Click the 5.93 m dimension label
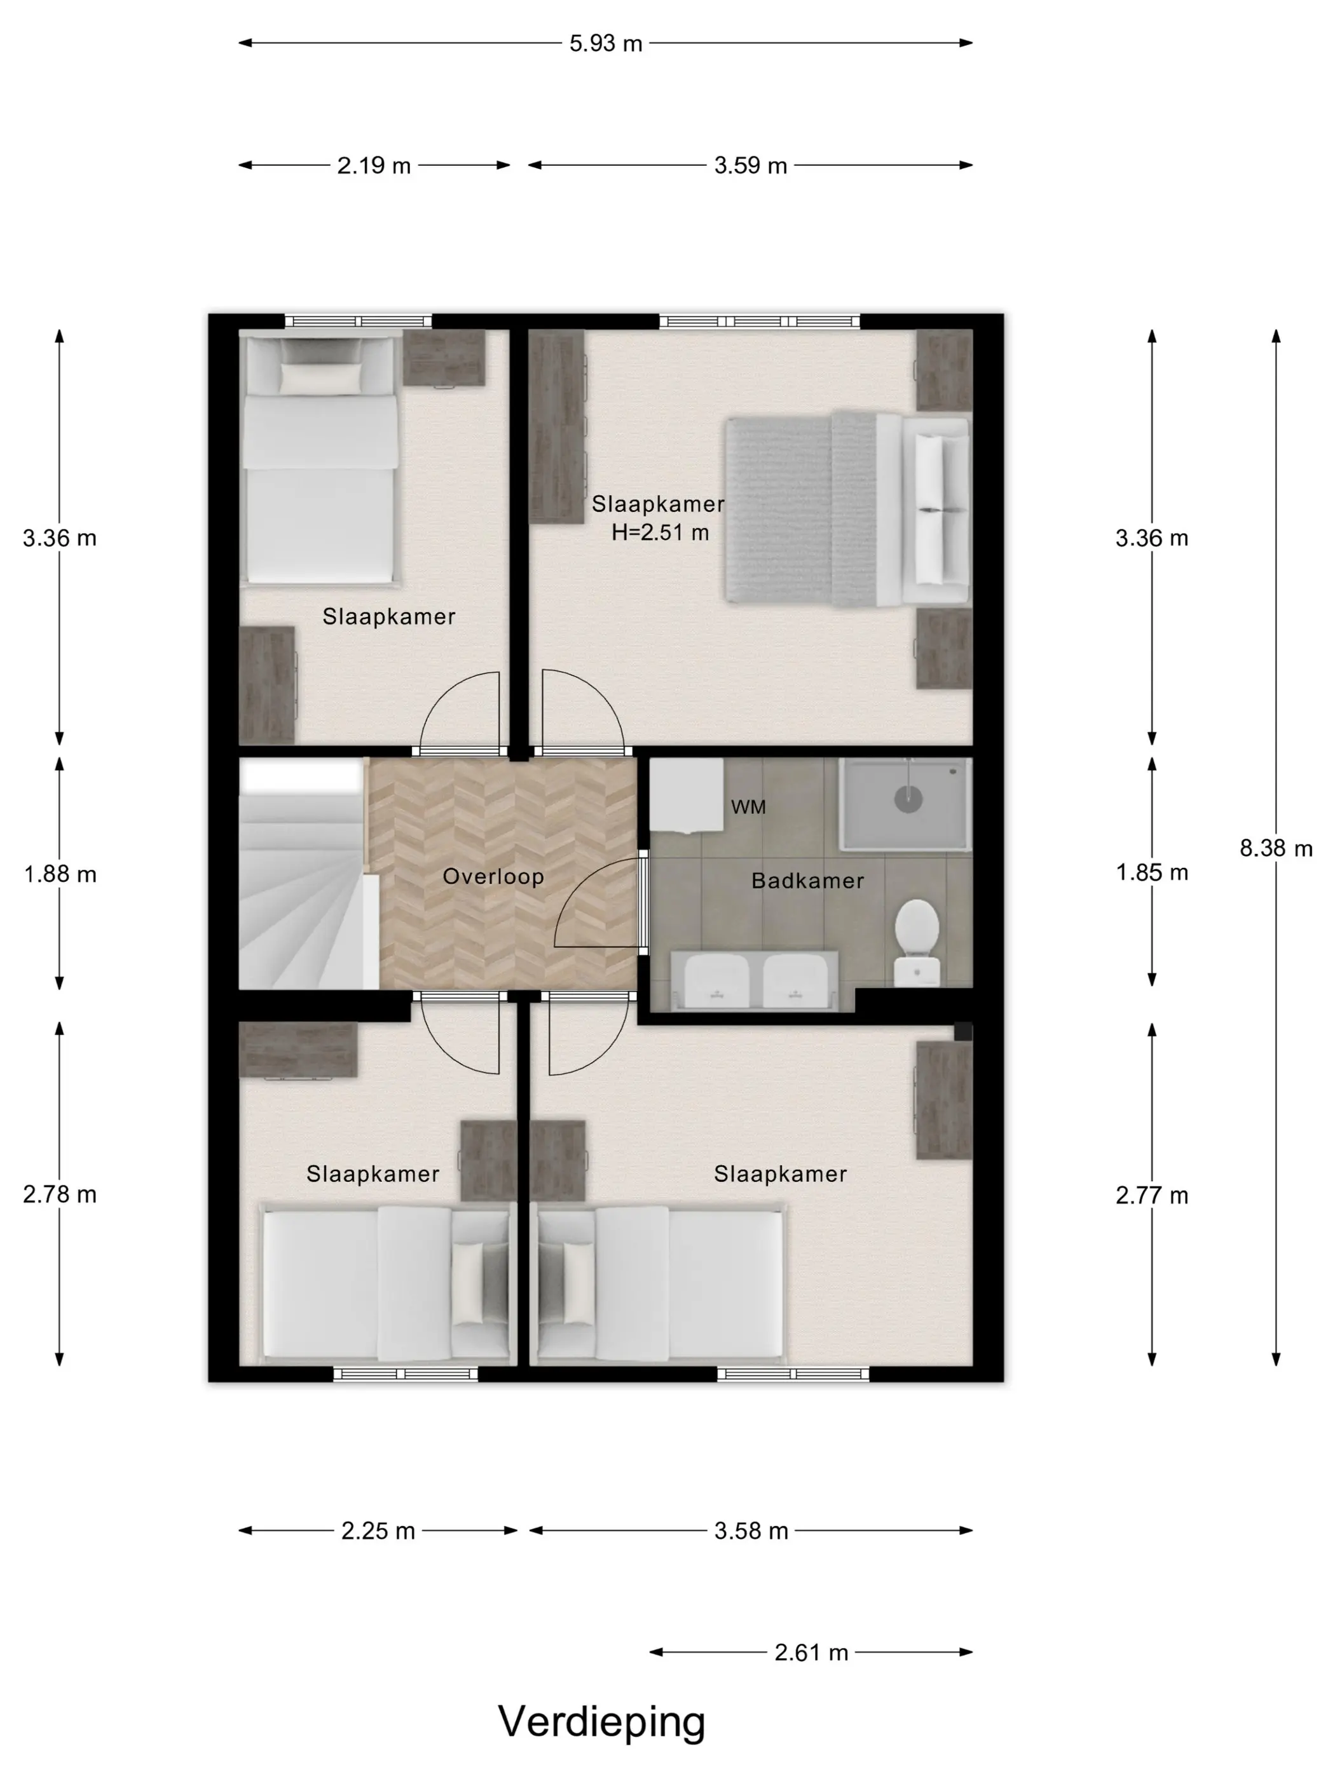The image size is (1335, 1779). (x=605, y=43)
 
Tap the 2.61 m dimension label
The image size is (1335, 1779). (x=811, y=1652)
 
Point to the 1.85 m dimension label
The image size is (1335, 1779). (x=1151, y=872)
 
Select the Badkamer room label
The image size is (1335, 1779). (x=807, y=881)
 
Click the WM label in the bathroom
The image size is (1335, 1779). (x=748, y=807)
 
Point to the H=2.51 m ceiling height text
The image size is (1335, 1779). (x=660, y=532)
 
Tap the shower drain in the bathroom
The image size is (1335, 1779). (x=908, y=799)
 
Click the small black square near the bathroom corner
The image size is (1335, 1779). (x=963, y=1032)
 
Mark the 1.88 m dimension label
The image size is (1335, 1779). (x=60, y=874)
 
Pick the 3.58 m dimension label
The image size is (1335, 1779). (x=751, y=1531)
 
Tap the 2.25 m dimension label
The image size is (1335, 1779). (x=378, y=1531)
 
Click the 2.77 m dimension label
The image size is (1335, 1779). (x=1151, y=1195)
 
